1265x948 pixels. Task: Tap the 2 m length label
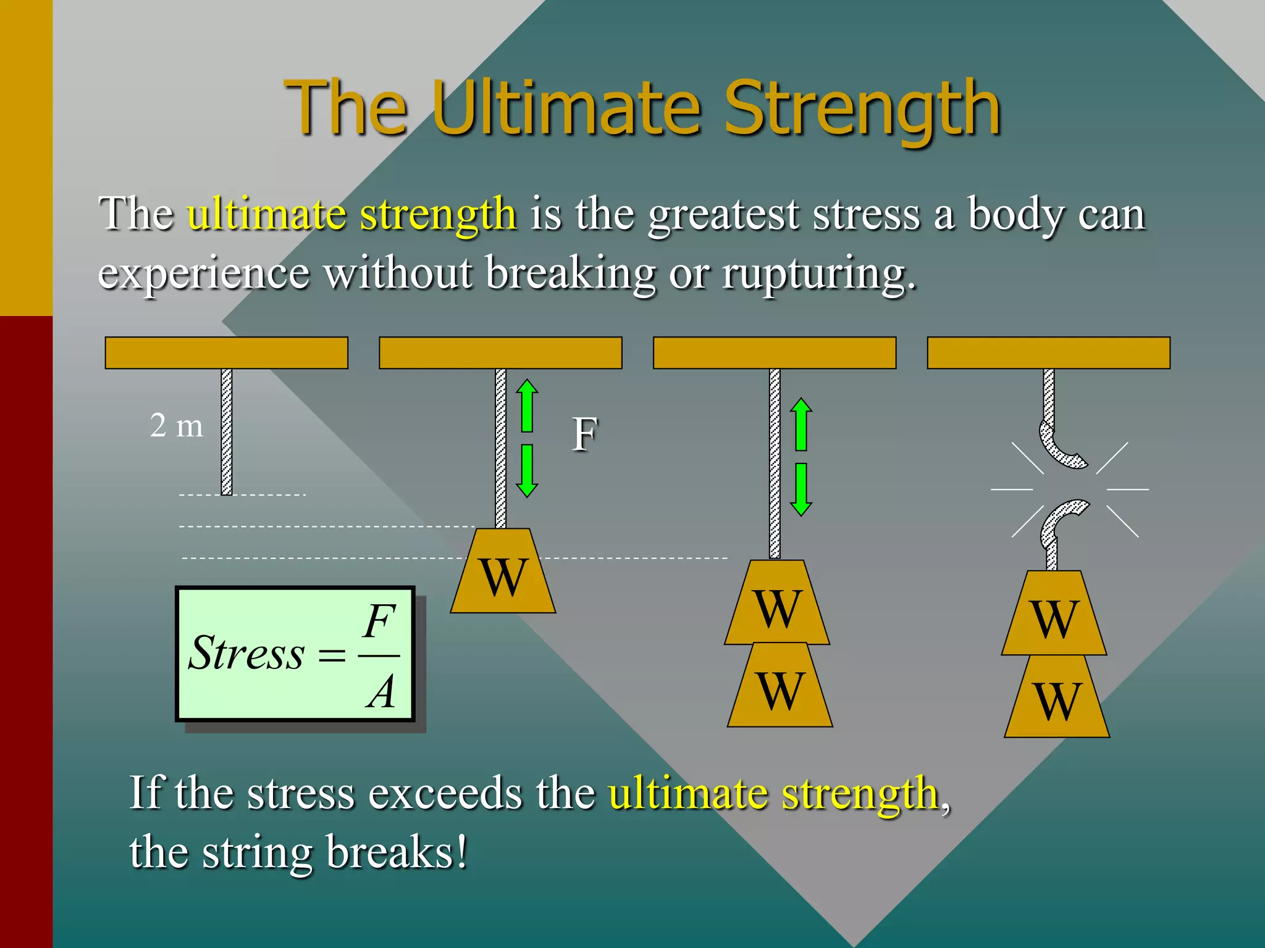176,426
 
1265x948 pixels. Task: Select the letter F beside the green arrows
584,434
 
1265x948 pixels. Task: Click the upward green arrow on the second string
527,405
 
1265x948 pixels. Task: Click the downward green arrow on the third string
801,489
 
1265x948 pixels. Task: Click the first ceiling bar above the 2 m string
226,353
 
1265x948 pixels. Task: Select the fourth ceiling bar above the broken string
1048,353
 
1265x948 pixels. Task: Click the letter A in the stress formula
380,691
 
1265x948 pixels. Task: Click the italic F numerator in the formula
379,621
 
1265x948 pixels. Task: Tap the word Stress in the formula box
246,653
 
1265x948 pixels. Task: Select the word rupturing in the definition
818,273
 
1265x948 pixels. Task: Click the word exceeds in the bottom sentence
445,793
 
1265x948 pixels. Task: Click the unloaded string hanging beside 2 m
227,432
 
